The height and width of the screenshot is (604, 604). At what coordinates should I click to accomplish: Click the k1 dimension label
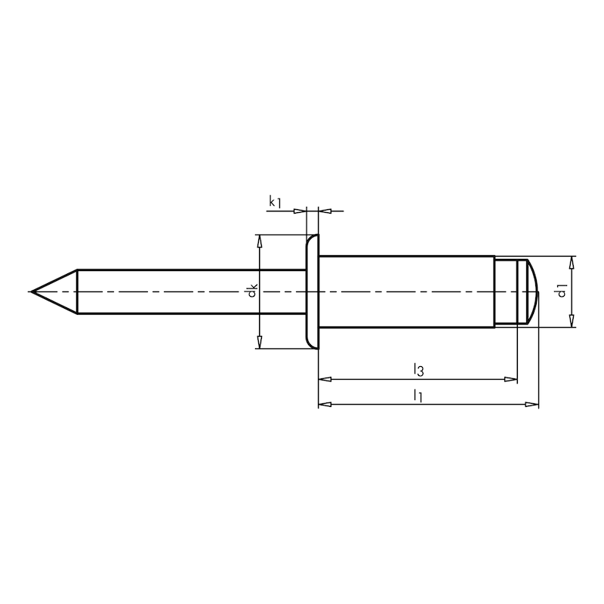point(275,202)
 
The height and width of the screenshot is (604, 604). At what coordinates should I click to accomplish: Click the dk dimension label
point(253,291)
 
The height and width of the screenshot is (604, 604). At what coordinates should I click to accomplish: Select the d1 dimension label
point(561,291)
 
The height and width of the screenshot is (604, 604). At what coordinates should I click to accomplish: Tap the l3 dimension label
point(418,369)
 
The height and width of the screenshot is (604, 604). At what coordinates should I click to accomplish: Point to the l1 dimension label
point(417,395)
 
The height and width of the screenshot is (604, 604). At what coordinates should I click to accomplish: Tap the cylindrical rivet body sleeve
point(408,291)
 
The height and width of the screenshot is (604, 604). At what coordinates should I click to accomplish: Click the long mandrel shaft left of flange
point(189,291)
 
